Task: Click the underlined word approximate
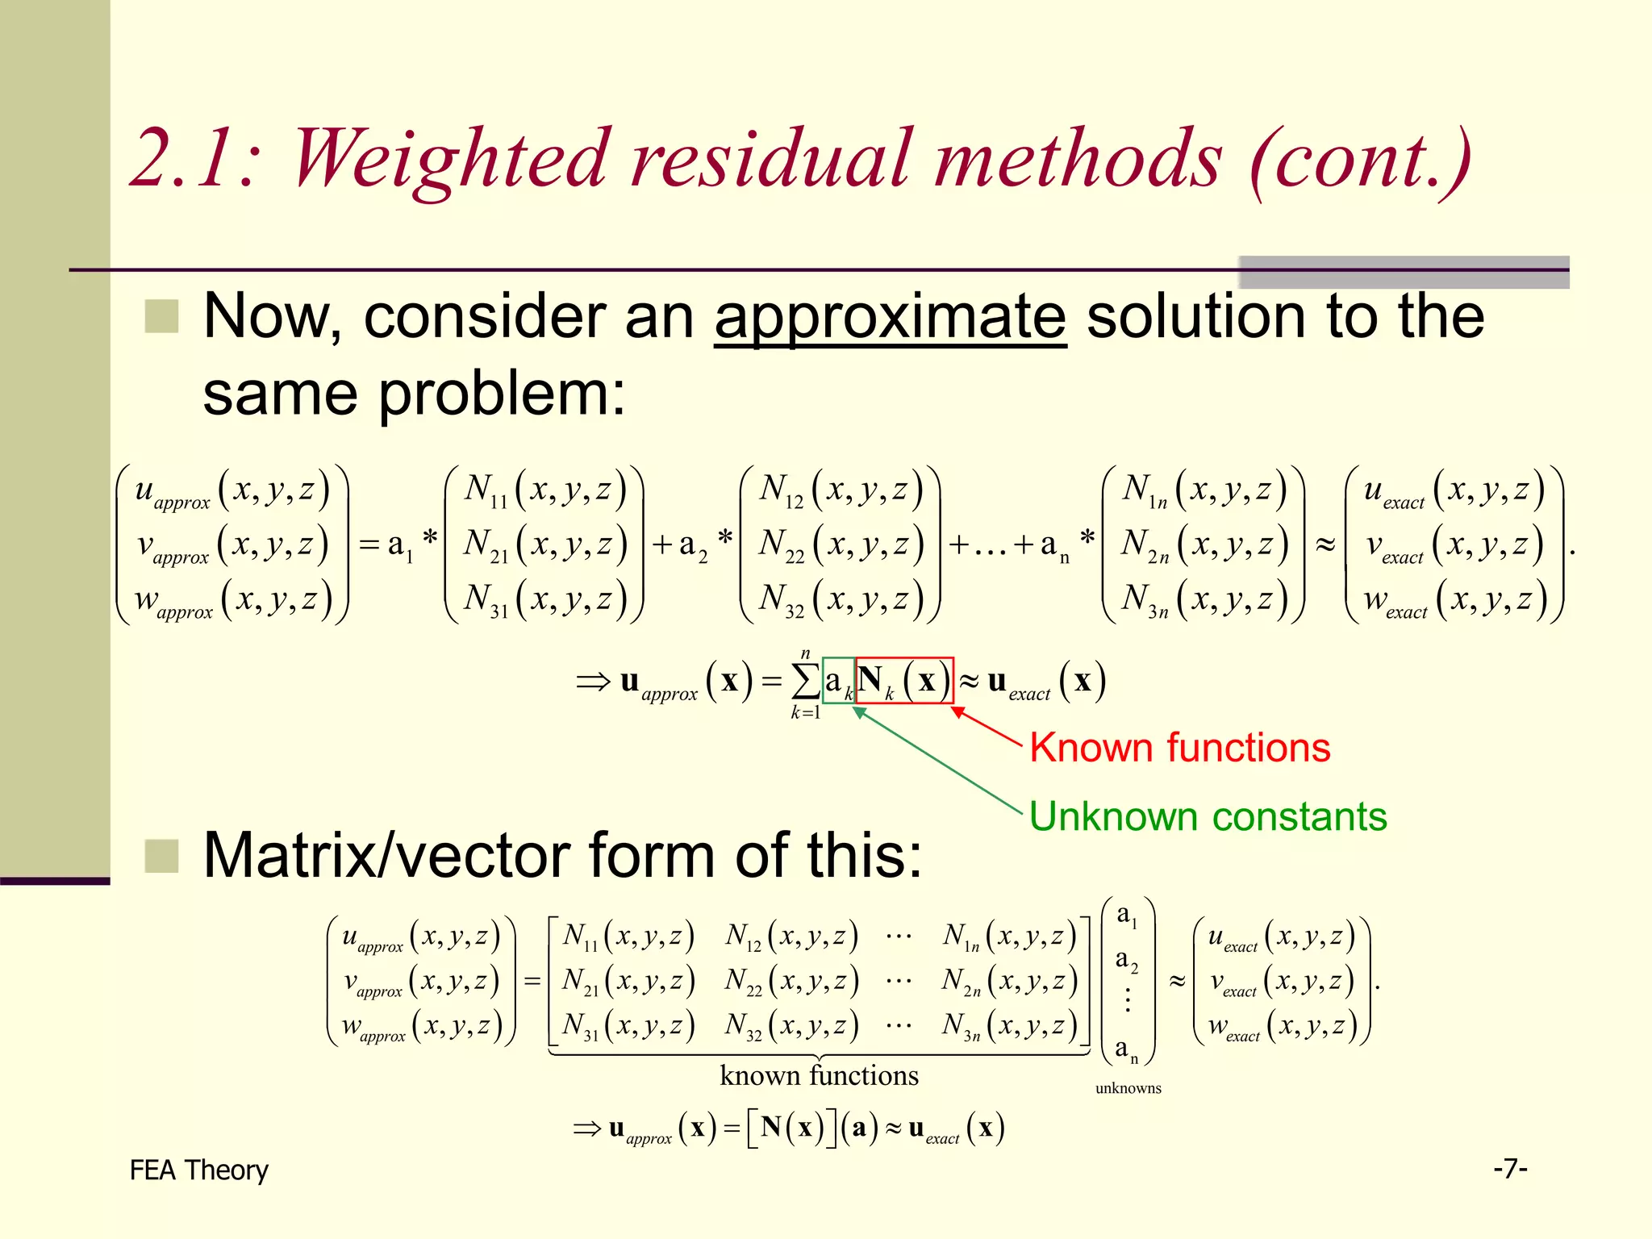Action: (x=890, y=316)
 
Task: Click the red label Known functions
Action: (x=1179, y=748)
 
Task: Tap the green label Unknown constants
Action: (x=1208, y=816)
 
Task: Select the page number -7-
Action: (x=1510, y=1168)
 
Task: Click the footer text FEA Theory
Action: (x=198, y=1170)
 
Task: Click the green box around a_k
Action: (x=838, y=681)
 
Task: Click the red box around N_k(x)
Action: (x=904, y=681)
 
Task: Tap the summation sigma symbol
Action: (x=805, y=681)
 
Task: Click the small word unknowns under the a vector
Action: (x=1128, y=1088)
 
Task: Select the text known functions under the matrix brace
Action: (x=819, y=1075)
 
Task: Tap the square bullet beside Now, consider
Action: (x=161, y=316)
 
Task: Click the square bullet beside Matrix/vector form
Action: (x=161, y=856)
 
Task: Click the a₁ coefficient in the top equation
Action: (x=399, y=546)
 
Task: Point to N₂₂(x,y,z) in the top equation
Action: (x=840, y=545)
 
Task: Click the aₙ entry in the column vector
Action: (x=1126, y=1049)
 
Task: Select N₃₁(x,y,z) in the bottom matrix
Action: (x=628, y=1025)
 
